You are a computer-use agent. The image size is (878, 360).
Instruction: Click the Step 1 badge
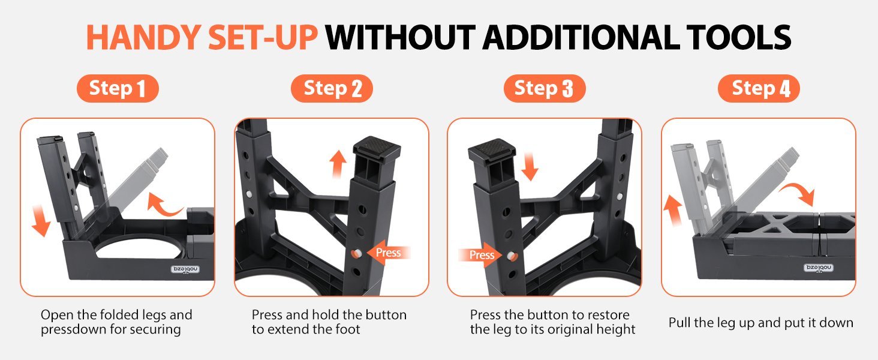pyautogui.click(x=118, y=88)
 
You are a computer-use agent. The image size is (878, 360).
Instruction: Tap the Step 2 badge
pyautogui.click(x=332, y=88)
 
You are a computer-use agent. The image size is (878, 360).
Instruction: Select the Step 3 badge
pyautogui.click(x=545, y=88)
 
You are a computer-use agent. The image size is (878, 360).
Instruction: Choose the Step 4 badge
pyautogui.click(x=759, y=88)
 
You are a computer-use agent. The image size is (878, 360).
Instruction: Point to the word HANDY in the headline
pyautogui.click(x=144, y=38)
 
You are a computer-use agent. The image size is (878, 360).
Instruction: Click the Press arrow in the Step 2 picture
pyautogui.click(x=389, y=253)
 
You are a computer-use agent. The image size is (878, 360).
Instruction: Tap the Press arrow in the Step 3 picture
pyautogui.click(x=480, y=255)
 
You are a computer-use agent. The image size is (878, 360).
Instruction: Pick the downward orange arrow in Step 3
pyautogui.click(x=530, y=167)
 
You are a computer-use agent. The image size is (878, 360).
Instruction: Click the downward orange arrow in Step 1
pyautogui.click(x=41, y=221)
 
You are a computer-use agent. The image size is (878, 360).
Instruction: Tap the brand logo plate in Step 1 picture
pyautogui.click(x=185, y=269)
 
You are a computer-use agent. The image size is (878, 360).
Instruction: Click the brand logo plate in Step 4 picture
pyautogui.click(x=819, y=268)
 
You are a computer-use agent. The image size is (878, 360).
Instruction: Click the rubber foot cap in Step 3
pyautogui.click(x=492, y=150)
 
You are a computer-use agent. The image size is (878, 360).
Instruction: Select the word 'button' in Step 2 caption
pyautogui.click(x=386, y=315)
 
